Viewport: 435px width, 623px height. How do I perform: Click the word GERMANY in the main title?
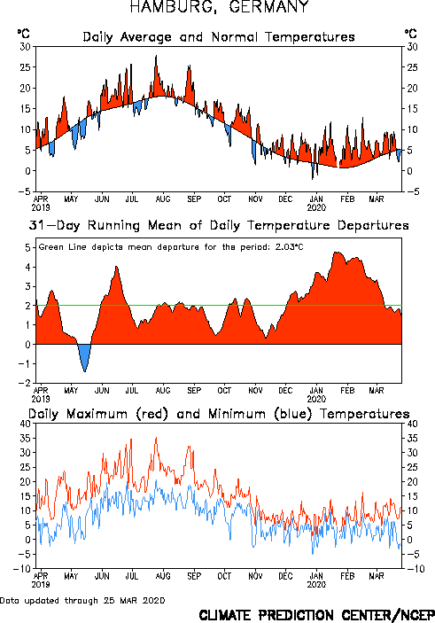pyautogui.click(x=268, y=7)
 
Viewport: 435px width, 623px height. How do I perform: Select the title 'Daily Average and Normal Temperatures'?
pyautogui.click(x=219, y=37)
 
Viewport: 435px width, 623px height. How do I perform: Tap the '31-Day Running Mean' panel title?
pyautogui.click(x=219, y=226)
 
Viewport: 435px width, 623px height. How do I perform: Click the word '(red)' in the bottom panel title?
pyautogui.click(x=152, y=414)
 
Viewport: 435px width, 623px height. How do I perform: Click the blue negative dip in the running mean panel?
pyautogui.click(x=85, y=355)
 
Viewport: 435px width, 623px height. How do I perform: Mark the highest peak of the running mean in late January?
pyautogui.click(x=337, y=253)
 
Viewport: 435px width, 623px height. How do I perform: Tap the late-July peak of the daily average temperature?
pyautogui.click(x=156, y=56)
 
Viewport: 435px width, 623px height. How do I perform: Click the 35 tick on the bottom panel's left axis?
pyautogui.click(x=26, y=439)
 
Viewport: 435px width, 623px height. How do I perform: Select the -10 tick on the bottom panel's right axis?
pyautogui.click(x=416, y=569)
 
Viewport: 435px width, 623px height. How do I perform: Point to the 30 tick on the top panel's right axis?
pyautogui.click(x=412, y=47)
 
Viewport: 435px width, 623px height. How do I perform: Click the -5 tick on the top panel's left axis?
pyautogui.click(x=25, y=191)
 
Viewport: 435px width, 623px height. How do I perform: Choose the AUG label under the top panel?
pyautogui.click(x=163, y=199)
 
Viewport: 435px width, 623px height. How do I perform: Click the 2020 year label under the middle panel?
pyautogui.click(x=316, y=400)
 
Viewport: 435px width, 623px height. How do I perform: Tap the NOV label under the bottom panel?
pyautogui.click(x=255, y=576)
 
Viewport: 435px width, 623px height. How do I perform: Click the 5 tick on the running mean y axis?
pyautogui.click(x=27, y=248)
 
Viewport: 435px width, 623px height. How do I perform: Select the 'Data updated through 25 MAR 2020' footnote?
pyautogui.click(x=82, y=600)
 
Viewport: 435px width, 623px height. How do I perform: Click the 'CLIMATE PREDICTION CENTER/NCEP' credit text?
pyautogui.click(x=316, y=615)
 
